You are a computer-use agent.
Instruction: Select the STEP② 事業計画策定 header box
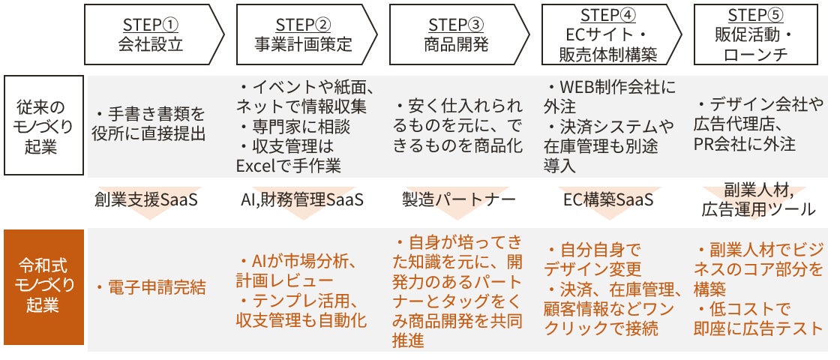click(303, 34)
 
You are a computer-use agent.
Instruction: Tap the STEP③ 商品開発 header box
click(456, 34)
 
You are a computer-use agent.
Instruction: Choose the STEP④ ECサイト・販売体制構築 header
click(607, 34)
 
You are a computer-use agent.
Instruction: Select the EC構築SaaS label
click(607, 200)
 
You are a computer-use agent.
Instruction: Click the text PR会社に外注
click(745, 142)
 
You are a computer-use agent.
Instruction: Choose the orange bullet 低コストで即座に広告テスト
click(757, 318)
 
